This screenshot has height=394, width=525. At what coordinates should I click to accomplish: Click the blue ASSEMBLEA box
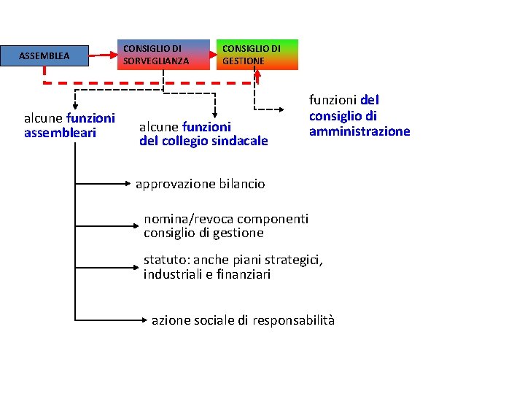[x=44, y=55]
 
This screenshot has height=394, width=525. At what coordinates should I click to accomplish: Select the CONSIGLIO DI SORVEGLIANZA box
[x=163, y=55]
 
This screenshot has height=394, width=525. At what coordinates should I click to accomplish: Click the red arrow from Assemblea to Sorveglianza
[x=104, y=53]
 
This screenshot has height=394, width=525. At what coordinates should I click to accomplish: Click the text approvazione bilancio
[x=201, y=184]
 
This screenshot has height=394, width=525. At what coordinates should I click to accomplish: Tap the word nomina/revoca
[x=182, y=219]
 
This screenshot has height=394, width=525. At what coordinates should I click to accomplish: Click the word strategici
[x=289, y=260]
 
